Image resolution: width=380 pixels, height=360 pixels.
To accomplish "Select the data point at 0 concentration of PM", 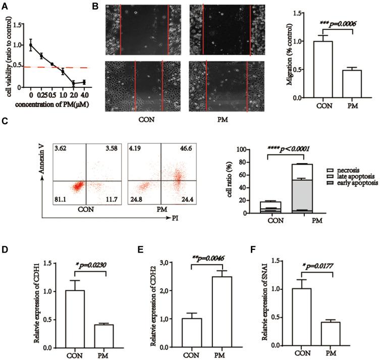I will [30, 45].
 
